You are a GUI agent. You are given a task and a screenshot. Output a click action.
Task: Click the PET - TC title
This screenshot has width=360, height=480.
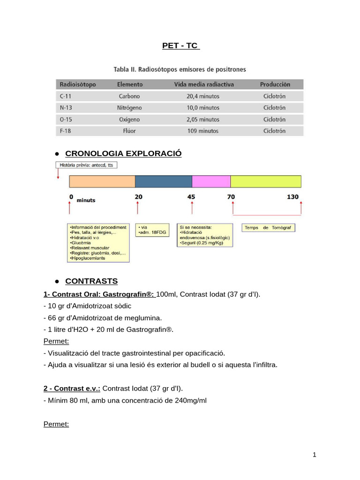click(x=180, y=46)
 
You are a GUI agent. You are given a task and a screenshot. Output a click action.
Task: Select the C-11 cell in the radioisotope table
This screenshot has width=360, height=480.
click(x=66, y=96)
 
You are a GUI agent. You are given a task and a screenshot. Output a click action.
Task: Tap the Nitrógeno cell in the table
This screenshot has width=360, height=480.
click(x=129, y=108)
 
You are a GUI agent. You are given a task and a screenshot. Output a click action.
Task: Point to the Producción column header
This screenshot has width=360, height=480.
click(x=275, y=84)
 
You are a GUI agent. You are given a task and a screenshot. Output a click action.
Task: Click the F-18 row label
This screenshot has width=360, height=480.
click(x=66, y=131)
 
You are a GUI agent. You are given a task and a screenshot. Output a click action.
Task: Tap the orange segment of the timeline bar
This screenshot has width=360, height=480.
click(x=102, y=182)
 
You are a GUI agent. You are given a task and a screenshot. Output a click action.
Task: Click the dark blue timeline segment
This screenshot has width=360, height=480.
click(x=164, y=182)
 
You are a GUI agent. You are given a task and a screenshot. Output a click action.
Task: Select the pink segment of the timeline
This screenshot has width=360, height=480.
click(x=211, y=182)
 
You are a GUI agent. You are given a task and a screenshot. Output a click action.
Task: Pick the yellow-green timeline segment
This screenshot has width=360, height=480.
click(x=266, y=182)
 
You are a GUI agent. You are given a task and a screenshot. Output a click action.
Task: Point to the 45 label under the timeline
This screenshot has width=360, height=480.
click(x=191, y=197)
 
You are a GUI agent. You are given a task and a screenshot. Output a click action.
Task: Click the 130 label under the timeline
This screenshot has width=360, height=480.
click(x=292, y=197)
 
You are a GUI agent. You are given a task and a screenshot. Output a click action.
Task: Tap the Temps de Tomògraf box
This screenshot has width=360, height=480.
click(x=269, y=228)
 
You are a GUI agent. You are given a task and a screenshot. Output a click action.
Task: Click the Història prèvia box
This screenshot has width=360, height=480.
click(x=87, y=165)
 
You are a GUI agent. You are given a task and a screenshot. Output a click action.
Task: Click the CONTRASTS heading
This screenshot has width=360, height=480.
click(x=91, y=281)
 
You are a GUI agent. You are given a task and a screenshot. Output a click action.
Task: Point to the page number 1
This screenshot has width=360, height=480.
click(x=315, y=455)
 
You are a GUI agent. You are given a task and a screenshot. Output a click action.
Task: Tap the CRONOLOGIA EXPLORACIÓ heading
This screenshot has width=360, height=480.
click(x=123, y=154)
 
